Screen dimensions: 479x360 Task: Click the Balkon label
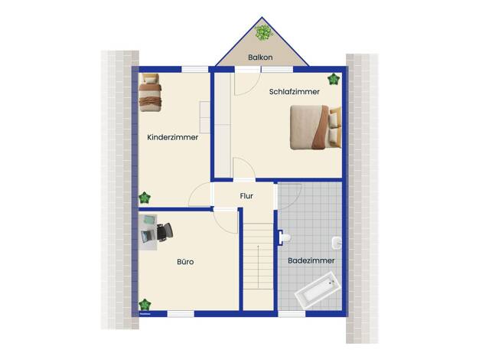coord(260,57)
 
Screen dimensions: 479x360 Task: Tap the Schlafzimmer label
coord(294,91)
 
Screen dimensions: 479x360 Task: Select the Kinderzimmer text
coord(173,137)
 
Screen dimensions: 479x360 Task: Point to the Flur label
coord(246,196)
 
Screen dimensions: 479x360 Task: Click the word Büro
coord(185,262)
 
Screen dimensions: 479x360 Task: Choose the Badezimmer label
coord(311,260)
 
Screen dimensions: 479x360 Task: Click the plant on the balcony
coord(263,32)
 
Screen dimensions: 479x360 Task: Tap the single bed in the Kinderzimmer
coord(150,93)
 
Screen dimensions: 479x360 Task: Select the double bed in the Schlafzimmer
coord(315,127)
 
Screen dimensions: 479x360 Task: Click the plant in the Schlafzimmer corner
coord(334,79)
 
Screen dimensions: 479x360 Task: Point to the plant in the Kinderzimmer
coord(145,198)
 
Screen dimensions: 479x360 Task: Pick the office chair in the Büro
coord(165,232)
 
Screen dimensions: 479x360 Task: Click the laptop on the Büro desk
coord(148,237)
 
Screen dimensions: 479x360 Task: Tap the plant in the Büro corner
coord(145,305)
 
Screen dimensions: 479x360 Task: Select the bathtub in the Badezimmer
coord(318,290)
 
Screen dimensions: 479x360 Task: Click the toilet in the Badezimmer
coord(285,237)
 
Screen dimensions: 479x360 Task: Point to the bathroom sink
coord(337,243)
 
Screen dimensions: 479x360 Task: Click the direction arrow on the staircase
coord(258,267)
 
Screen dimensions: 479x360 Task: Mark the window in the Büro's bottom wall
coord(181,313)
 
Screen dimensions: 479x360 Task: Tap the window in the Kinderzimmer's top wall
coord(195,70)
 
